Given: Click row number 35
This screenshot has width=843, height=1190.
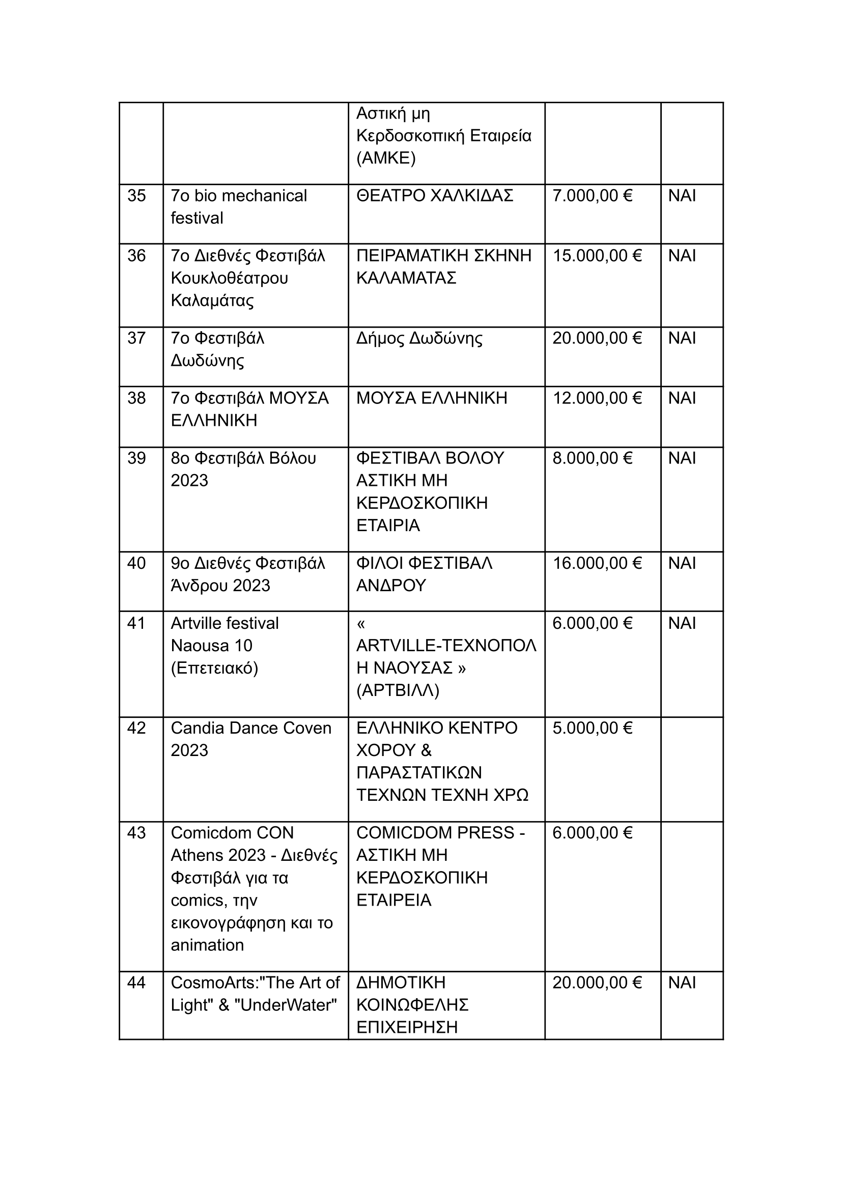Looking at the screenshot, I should tap(136, 195).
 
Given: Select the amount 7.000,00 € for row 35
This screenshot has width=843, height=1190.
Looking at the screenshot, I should tap(592, 195).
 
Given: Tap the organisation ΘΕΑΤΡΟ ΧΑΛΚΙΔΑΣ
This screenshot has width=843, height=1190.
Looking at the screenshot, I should tap(434, 195).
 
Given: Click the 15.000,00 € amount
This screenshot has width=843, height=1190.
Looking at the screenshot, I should tap(597, 256).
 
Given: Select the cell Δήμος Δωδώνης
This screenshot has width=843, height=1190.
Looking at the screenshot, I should tap(419, 338).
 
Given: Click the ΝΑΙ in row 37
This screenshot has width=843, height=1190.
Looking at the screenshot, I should tap(682, 338).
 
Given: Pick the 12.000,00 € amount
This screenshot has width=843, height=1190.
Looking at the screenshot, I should tap(597, 398).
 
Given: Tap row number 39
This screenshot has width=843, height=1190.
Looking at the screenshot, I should tap(136, 458).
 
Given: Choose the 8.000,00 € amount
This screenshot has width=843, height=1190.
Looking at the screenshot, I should tap(592, 458).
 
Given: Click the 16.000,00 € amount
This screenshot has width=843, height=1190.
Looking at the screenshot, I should tap(597, 563).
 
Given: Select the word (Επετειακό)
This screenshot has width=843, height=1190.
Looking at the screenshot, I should tap(214, 668).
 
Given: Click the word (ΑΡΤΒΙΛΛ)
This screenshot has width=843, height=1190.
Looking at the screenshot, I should tap(398, 690).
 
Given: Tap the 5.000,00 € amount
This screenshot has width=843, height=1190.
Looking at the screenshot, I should tap(592, 728).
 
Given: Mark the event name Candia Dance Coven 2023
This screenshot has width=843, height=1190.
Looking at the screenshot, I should tap(251, 739).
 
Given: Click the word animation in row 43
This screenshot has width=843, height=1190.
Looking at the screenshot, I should tap(207, 945).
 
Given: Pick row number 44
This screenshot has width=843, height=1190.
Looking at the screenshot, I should tap(136, 982).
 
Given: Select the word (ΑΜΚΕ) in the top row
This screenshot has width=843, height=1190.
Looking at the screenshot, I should tap(386, 158).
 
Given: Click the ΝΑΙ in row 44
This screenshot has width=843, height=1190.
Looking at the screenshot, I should tap(682, 982).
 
